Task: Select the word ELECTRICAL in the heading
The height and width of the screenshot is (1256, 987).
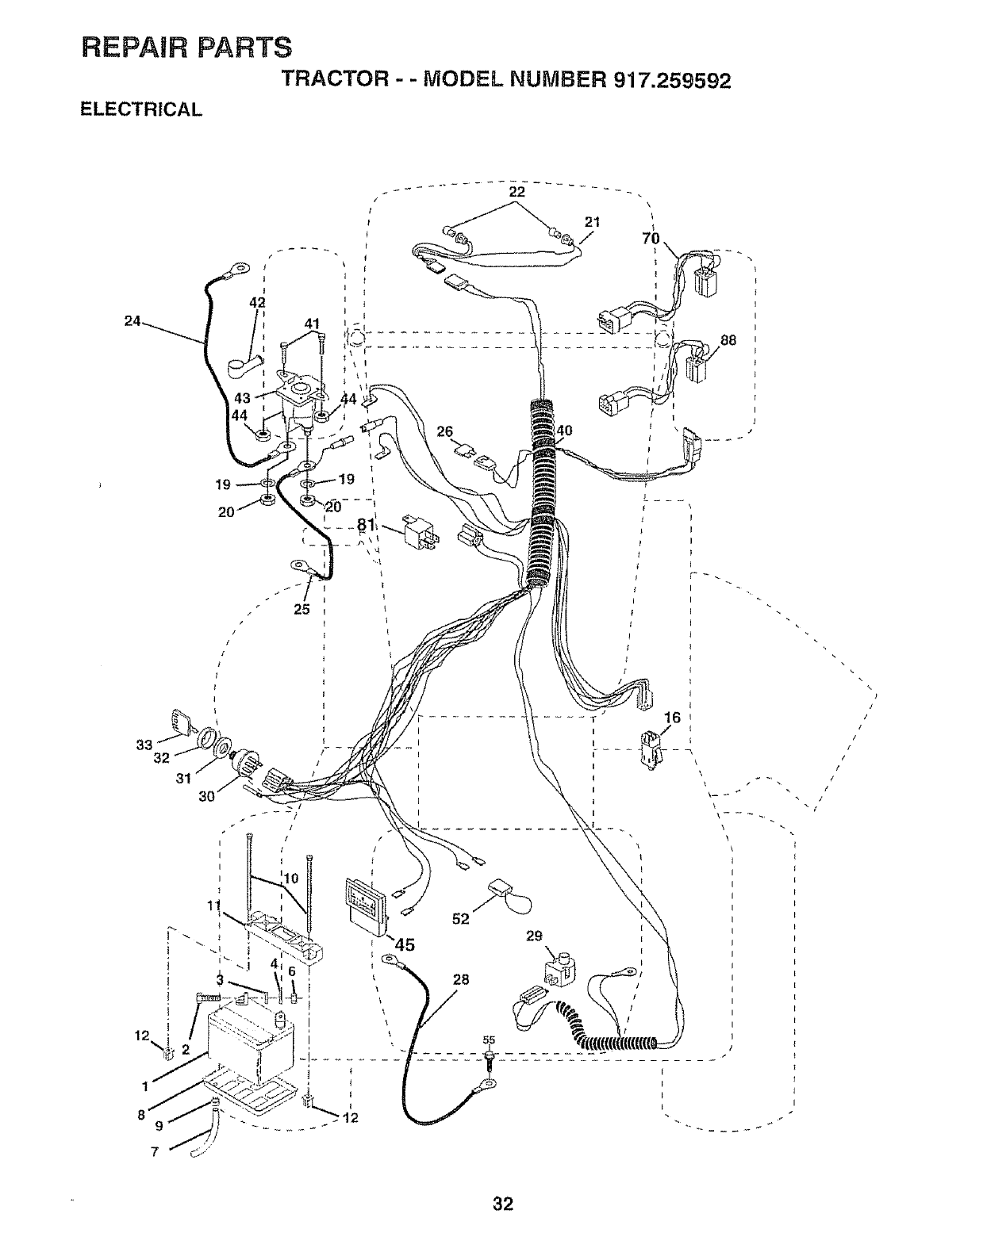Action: click(142, 109)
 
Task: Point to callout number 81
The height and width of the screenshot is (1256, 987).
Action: click(365, 525)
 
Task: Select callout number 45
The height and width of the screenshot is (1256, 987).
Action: click(402, 944)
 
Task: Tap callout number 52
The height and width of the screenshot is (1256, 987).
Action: click(460, 918)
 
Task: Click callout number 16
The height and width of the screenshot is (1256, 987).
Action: click(672, 718)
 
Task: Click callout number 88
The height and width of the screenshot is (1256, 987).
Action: click(728, 342)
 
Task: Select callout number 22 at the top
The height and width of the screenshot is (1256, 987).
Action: click(517, 191)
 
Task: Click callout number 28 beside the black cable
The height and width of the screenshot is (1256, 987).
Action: click(461, 980)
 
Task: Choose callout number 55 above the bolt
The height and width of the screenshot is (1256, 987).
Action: click(489, 1040)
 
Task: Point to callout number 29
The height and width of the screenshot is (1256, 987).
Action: click(534, 936)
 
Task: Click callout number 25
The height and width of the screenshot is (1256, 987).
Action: click(301, 609)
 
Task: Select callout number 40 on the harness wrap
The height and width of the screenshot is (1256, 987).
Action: click(565, 431)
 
